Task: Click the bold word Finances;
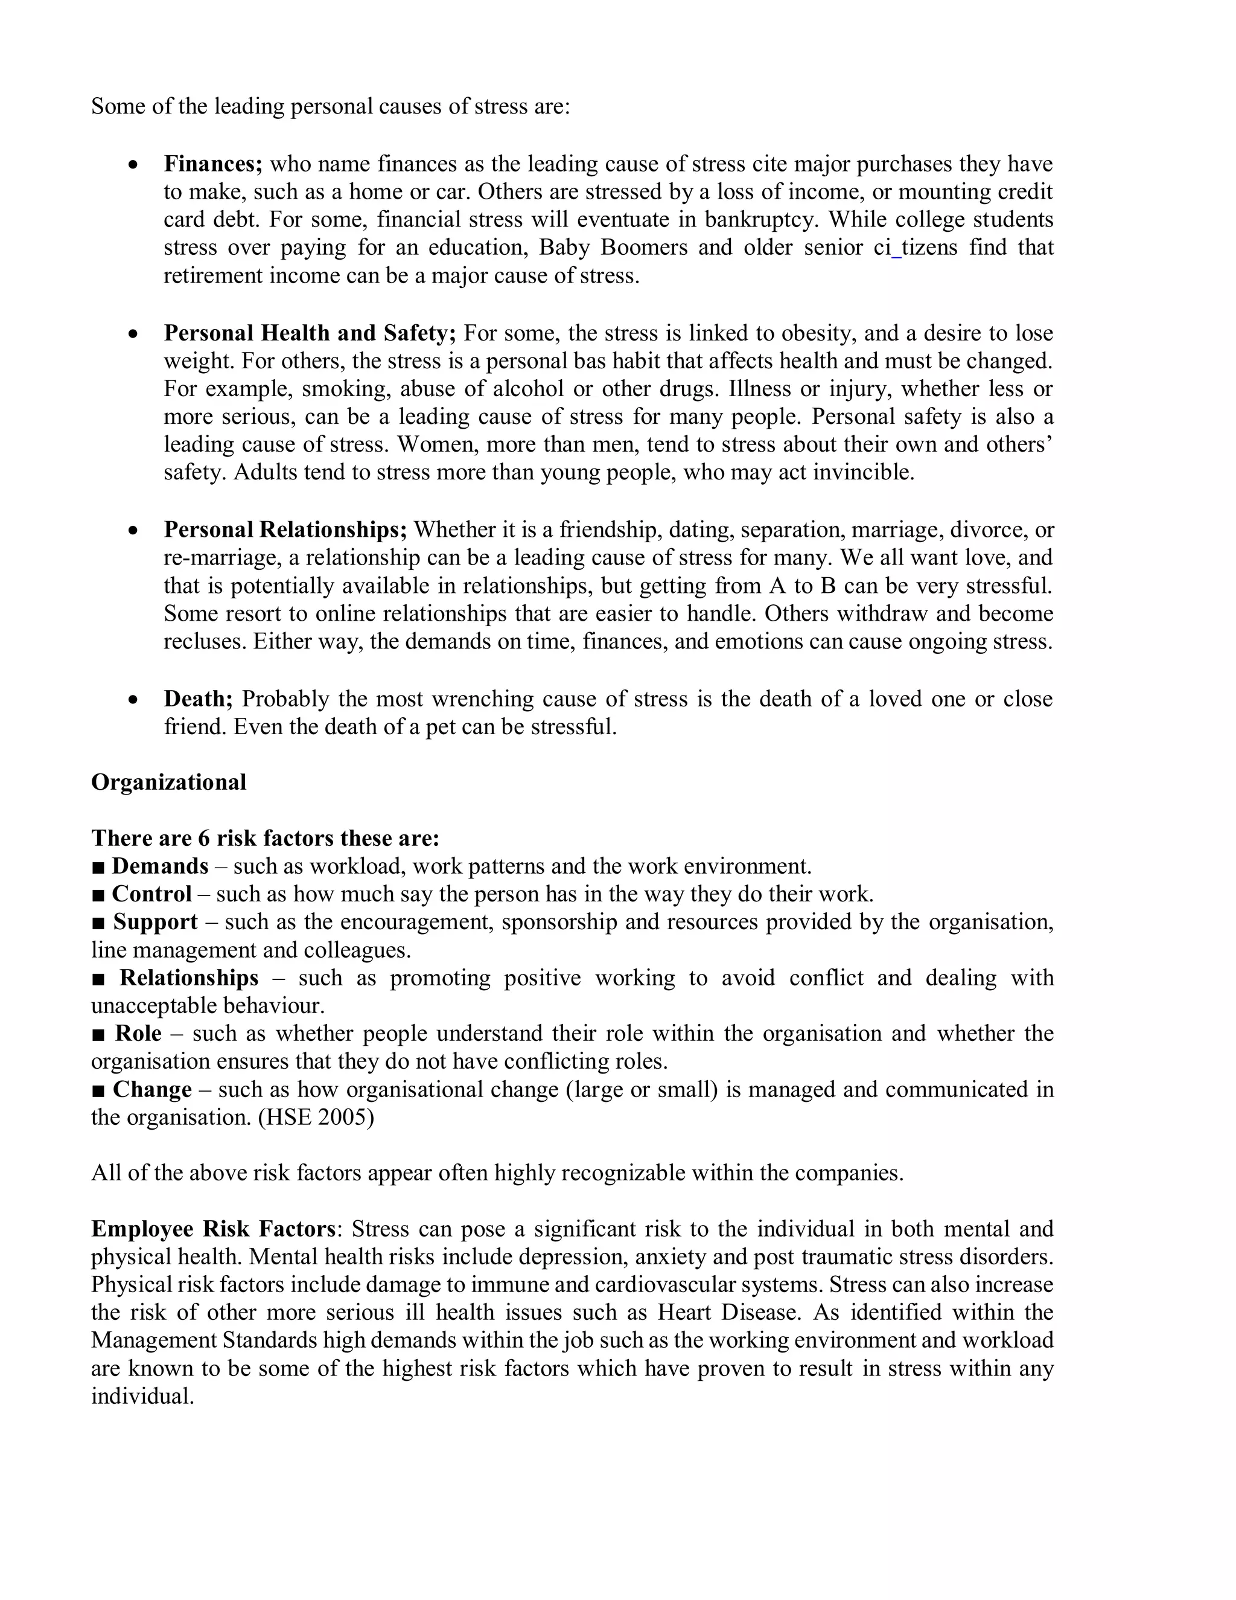(x=212, y=164)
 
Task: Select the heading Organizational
(x=168, y=782)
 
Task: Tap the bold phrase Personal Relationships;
(x=285, y=530)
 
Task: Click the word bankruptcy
(x=761, y=220)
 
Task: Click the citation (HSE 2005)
(x=316, y=1118)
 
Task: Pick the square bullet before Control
(x=99, y=895)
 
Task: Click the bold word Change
(x=152, y=1090)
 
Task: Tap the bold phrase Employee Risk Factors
(x=213, y=1229)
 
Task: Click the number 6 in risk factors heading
(x=203, y=839)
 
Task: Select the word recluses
(x=205, y=642)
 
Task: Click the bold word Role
(x=138, y=1034)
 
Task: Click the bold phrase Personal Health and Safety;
(x=310, y=333)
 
